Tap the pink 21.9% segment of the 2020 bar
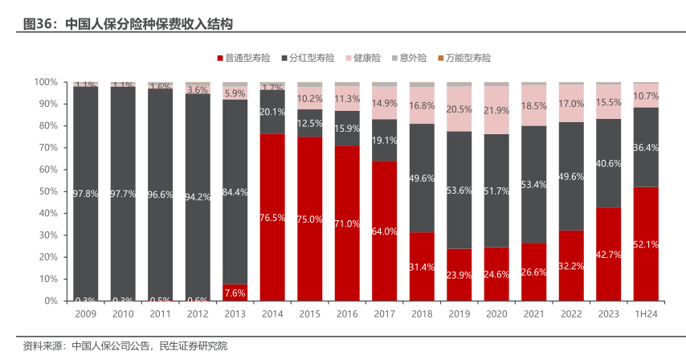496,110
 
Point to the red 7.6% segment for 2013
235,292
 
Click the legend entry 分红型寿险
311,58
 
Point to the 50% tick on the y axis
47,191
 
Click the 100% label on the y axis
45,82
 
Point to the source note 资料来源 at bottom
125,346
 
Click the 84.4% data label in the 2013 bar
235,191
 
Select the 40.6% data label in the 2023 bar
609,162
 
